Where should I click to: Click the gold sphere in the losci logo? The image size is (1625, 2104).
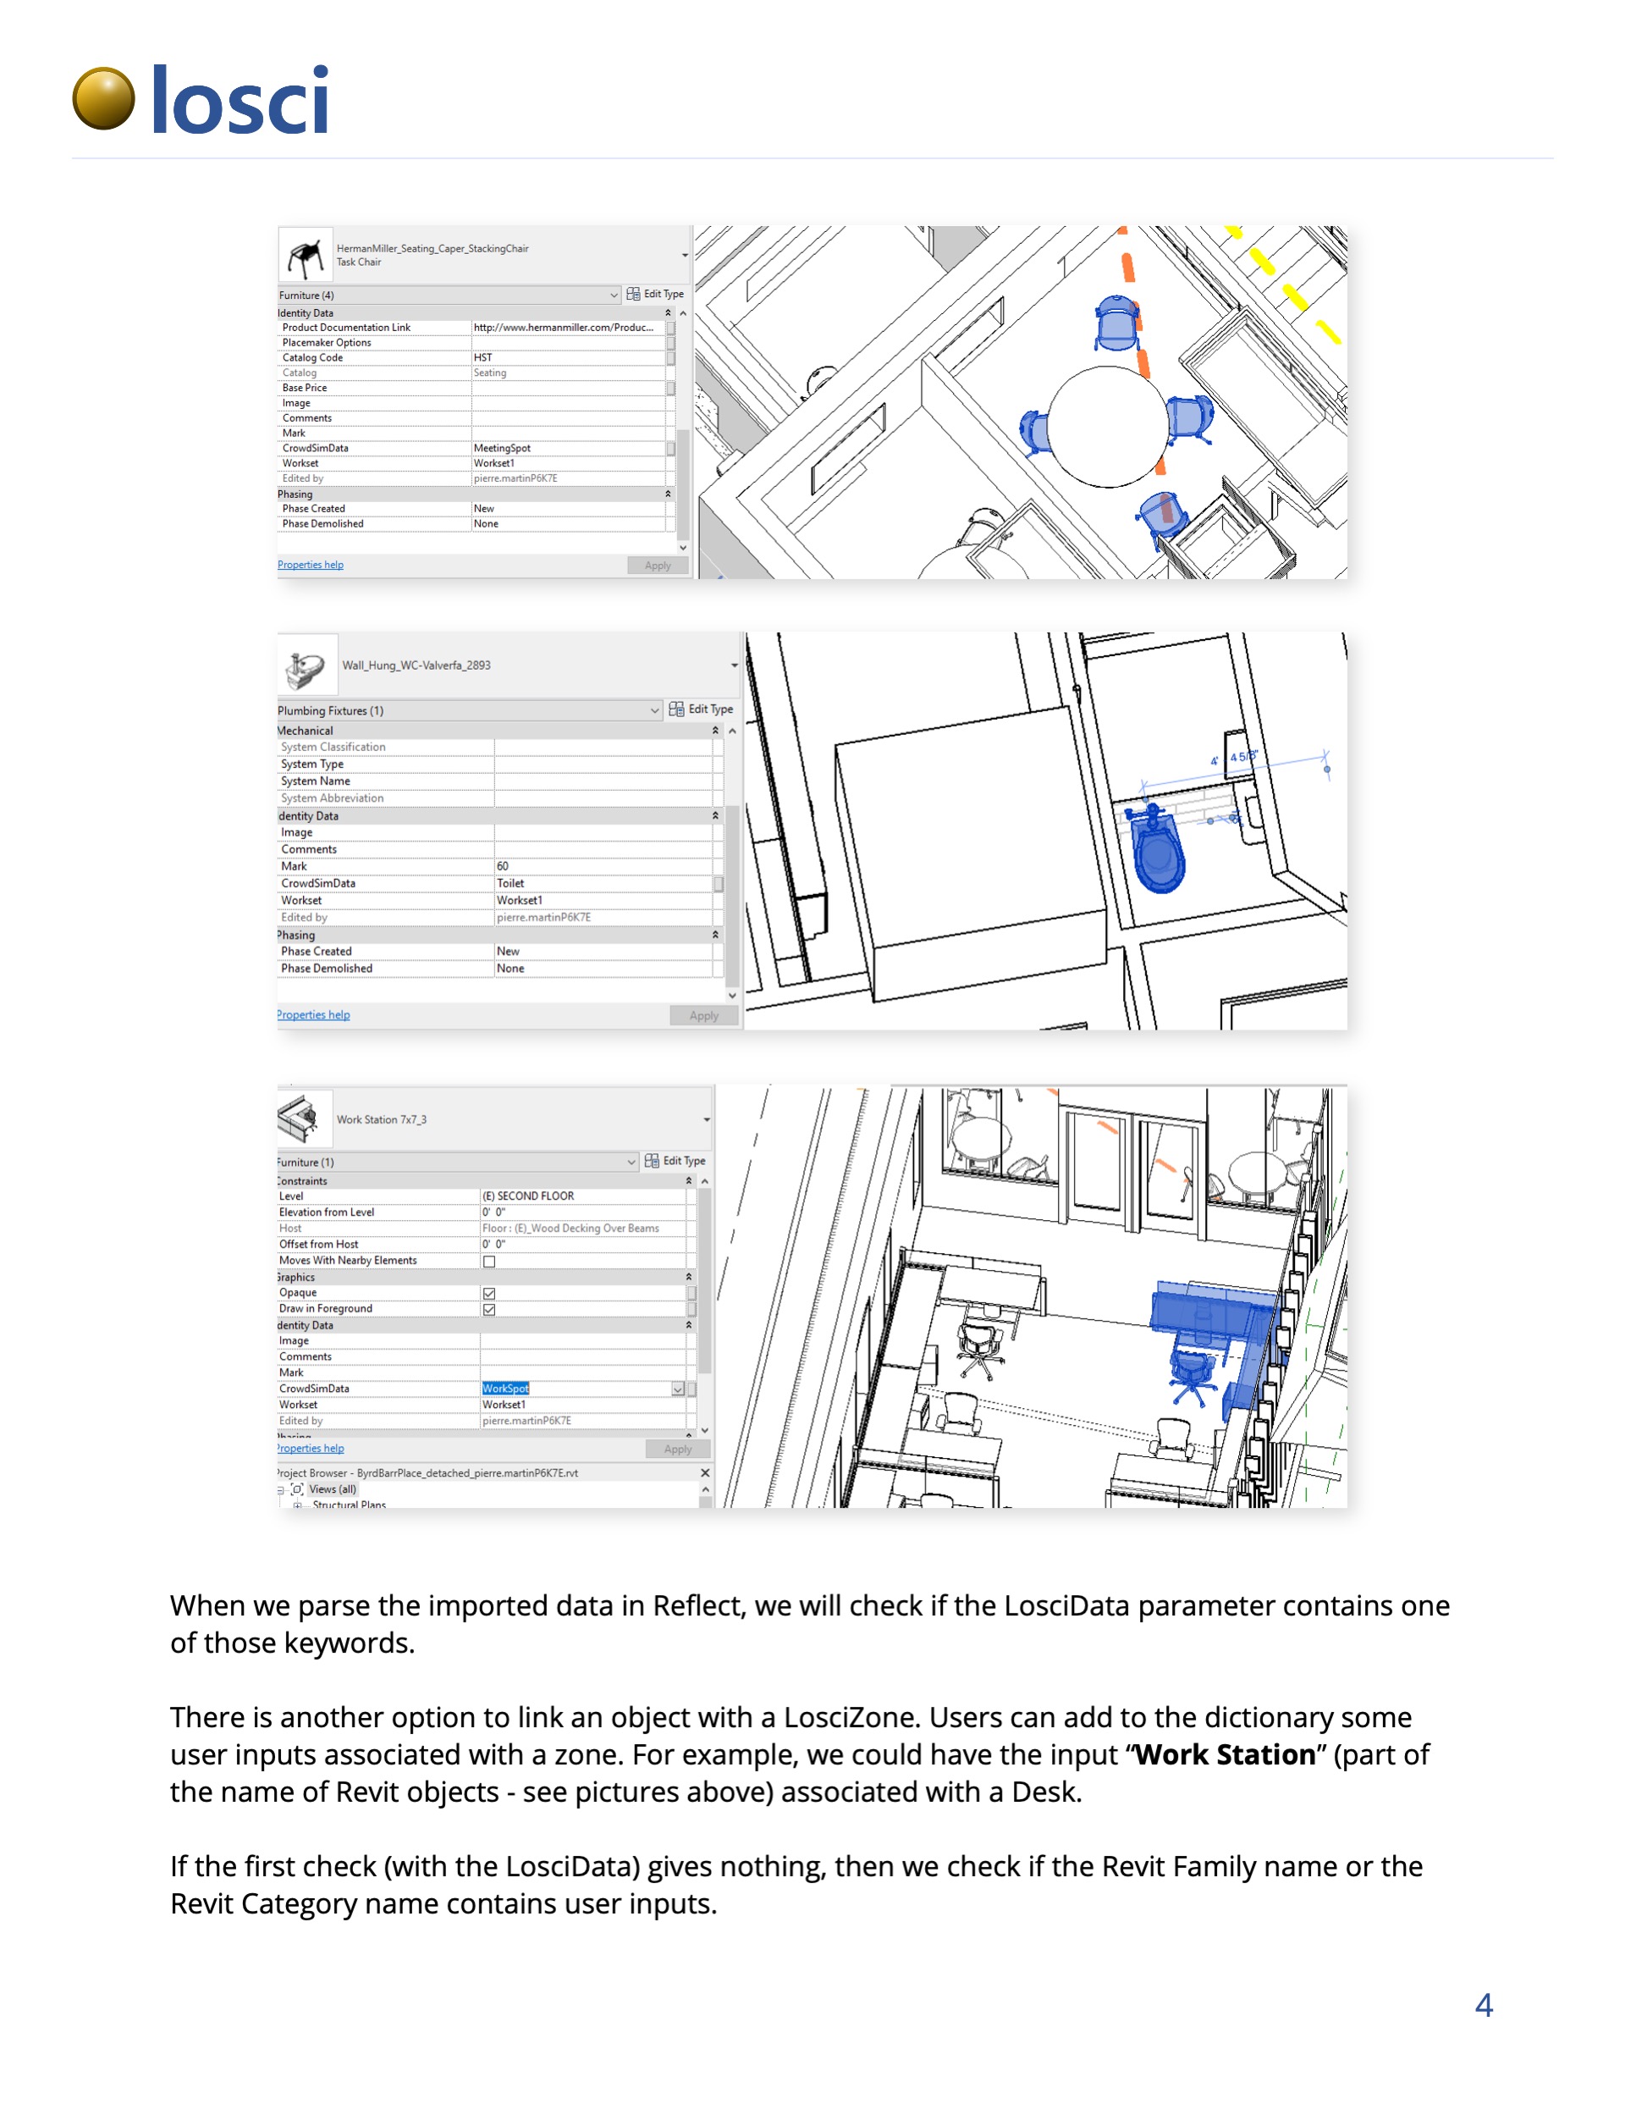[103, 98]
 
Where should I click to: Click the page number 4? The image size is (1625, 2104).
[1484, 2005]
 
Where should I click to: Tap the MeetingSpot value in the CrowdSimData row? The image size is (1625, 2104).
[502, 448]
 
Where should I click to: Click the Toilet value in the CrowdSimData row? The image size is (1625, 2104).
[510, 883]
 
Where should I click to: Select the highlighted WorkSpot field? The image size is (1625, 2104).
[506, 1389]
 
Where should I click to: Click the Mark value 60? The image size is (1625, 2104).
[503, 866]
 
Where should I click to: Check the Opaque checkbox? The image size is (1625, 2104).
[489, 1293]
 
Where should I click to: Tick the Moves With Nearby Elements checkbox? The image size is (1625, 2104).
[489, 1261]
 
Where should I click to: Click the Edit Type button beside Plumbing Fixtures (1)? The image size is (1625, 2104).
[702, 709]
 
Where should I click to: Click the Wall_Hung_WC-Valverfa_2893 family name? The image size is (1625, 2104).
[416, 665]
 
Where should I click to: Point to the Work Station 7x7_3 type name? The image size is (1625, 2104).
[382, 1119]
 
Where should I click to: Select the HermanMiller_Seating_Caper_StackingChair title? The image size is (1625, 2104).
[432, 249]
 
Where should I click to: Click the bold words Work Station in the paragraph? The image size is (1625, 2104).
[1226, 1754]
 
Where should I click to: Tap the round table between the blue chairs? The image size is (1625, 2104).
[1108, 426]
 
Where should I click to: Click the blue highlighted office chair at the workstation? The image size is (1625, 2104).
[1193, 1372]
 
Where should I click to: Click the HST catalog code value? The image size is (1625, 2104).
[482, 357]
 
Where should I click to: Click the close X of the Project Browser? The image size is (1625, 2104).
[705, 1473]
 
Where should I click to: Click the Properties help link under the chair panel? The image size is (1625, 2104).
[310, 565]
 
